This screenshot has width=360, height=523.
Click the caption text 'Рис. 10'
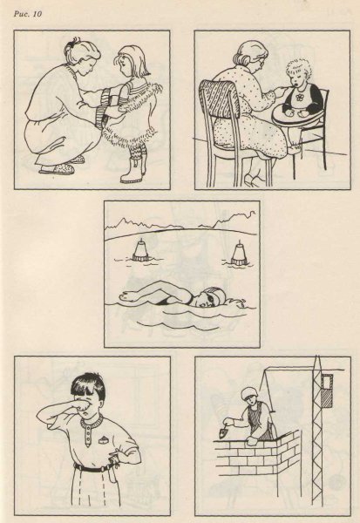[28, 14]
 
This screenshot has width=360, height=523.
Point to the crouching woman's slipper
[58, 169]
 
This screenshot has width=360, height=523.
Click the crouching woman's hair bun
[71, 44]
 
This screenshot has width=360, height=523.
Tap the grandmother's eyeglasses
[261, 62]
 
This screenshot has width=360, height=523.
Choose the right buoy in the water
[239, 255]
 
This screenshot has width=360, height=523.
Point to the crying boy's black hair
[88, 387]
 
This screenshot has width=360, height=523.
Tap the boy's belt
[92, 469]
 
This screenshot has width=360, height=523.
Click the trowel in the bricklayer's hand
[222, 432]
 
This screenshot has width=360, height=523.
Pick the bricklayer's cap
[248, 393]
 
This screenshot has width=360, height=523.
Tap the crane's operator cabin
[327, 391]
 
